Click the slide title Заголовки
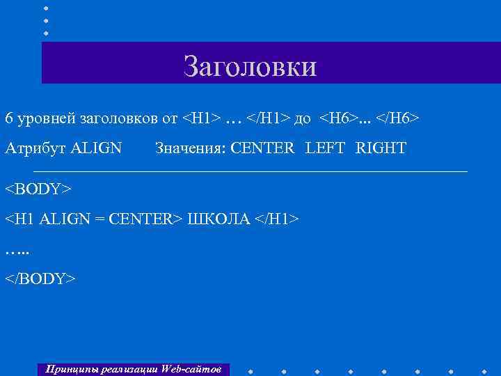[250, 66]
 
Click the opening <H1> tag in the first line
[201, 118]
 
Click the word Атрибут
[34, 148]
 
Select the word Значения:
[191, 148]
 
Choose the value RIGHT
[381, 148]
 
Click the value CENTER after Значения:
[263, 148]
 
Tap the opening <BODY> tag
[39, 189]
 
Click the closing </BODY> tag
[41, 279]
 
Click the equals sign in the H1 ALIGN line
[100, 219]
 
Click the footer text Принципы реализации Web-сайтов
[133, 368]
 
